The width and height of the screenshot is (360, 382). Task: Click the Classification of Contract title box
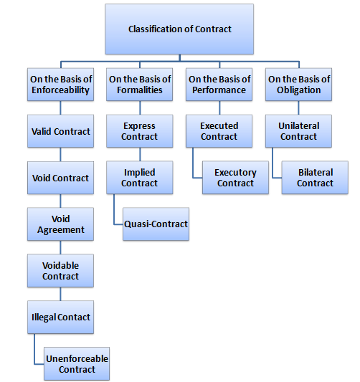pos(179,29)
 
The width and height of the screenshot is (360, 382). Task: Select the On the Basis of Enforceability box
pos(61,85)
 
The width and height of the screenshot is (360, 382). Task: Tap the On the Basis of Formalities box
pos(139,85)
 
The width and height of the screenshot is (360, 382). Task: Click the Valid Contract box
pos(61,132)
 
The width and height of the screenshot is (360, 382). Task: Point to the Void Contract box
pos(61,178)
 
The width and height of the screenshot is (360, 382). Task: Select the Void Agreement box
pos(61,224)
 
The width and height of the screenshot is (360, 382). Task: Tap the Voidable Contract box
pos(61,271)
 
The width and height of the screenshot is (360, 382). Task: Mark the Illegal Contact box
pos(61,317)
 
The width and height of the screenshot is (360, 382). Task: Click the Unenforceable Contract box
pos(77,363)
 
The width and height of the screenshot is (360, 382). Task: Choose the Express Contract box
pos(139,131)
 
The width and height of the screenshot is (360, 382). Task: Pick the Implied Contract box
pos(139,178)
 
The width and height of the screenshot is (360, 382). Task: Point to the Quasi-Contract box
pos(156,224)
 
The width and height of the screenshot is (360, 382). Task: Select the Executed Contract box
pos(219,131)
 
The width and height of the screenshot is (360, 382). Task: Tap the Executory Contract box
pos(235,178)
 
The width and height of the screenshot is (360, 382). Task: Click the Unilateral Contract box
pos(298,131)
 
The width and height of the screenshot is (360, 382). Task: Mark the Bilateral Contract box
pos(315,178)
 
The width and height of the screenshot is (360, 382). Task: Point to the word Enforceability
pos(61,90)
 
